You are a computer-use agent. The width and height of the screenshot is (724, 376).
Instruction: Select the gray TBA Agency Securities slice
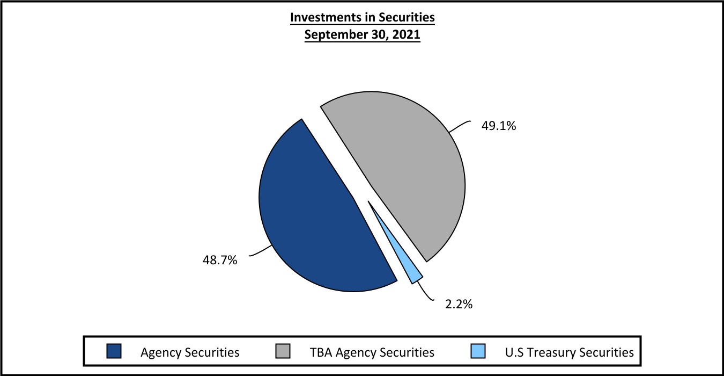click(x=408, y=172)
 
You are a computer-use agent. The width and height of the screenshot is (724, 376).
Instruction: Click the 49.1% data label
click(x=499, y=127)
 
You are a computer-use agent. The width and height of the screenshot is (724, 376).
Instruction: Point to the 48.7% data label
click(x=220, y=262)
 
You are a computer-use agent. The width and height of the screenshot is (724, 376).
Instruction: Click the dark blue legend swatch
click(x=115, y=352)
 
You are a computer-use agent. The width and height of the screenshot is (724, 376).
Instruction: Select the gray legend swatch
click(x=283, y=352)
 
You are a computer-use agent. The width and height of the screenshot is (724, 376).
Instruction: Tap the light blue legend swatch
click(x=478, y=352)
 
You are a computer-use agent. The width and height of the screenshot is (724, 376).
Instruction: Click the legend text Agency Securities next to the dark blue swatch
click(x=190, y=353)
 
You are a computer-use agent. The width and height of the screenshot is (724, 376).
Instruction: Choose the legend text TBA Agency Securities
click(x=372, y=353)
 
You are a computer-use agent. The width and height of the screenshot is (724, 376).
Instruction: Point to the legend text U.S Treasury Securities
click(x=569, y=353)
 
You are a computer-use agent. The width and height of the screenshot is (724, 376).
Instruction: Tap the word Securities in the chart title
click(x=408, y=17)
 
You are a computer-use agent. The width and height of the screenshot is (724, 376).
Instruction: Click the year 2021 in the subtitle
click(x=405, y=35)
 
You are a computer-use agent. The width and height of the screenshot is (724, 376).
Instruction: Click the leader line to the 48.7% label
click(x=260, y=252)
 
